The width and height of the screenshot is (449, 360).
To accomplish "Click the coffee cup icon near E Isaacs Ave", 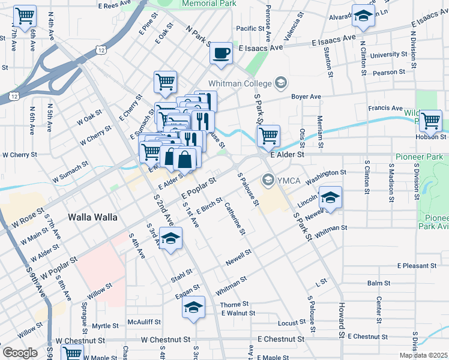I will pyautogui.click(x=221, y=53).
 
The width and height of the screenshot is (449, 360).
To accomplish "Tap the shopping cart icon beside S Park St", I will pyautogui.click(x=268, y=136).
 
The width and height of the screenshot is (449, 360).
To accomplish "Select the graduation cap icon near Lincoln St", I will pyautogui.click(x=330, y=197).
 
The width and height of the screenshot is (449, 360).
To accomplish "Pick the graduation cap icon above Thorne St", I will pyautogui.click(x=193, y=307).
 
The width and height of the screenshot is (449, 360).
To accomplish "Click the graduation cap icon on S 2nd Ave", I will pyautogui.click(x=170, y=239).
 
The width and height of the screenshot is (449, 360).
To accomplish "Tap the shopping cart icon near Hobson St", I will pyautogui.click(x=430, y=121).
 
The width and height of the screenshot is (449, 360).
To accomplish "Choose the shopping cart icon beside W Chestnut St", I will pyautogui.click(x=72, y=353).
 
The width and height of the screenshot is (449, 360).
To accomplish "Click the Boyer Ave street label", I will pyautogui.click(x=306, y=96).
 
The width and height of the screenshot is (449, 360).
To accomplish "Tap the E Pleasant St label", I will pyautogui.click(x=417, y=265).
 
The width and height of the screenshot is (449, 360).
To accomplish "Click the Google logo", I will pyautogui.click(x=20, y=353).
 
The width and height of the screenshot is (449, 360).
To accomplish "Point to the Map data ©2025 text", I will pyautogui.click(x=423, y=355).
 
